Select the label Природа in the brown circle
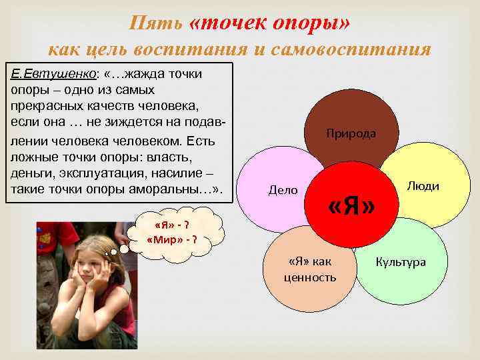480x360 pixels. pyautogui.click(x=351, y=133)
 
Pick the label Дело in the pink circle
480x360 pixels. pyautogui.click(x=283, y=190)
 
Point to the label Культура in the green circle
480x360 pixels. pyautogui.click(x=401, y=262)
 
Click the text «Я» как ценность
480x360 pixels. pyautogui.click(x=310, y=269)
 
